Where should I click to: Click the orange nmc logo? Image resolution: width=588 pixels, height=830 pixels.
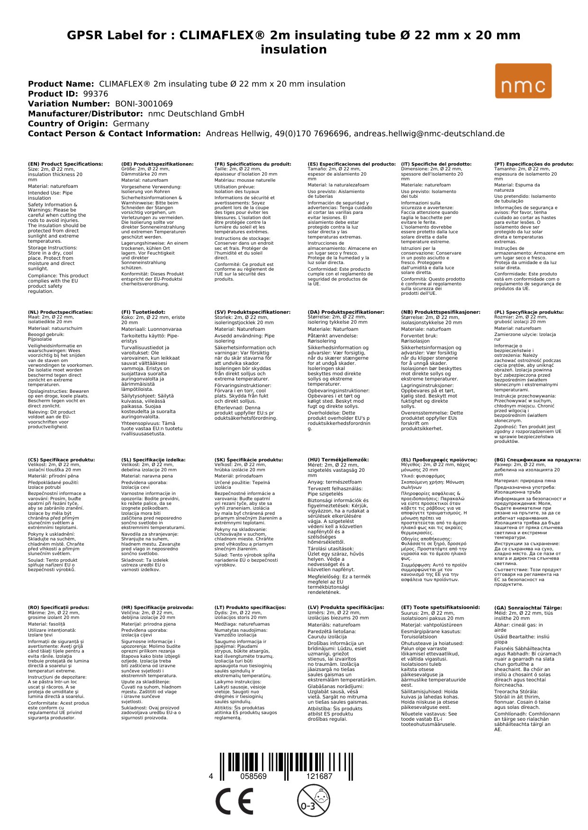(x=523, y=81)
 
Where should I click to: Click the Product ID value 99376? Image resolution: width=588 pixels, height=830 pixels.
(x=95, y=94)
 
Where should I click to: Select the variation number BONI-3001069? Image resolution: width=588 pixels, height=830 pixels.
(x=144, y=104)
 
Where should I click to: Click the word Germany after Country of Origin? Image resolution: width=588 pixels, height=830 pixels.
(x=131, y=124)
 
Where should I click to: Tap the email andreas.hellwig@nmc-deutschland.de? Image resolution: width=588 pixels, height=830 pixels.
(x=429, y=133)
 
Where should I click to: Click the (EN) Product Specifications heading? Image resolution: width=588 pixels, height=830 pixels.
(x=65, y=164)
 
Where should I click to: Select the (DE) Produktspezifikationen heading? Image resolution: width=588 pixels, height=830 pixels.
(x=157, y=164)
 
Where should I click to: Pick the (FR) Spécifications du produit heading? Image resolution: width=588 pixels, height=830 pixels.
(x=253, y=164)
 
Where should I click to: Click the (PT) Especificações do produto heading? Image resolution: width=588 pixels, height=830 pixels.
(x=534, y=164)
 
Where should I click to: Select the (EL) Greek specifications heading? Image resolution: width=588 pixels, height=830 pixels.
(x=439, y=459)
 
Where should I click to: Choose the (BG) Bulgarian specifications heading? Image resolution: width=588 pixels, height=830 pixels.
(x=537, y=459)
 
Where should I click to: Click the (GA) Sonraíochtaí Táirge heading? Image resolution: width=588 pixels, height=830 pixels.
(x=528, y=608)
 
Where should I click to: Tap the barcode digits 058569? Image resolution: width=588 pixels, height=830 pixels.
(x=253, y=777)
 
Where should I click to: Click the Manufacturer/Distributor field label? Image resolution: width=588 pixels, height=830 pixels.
(x=85, y=114)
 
